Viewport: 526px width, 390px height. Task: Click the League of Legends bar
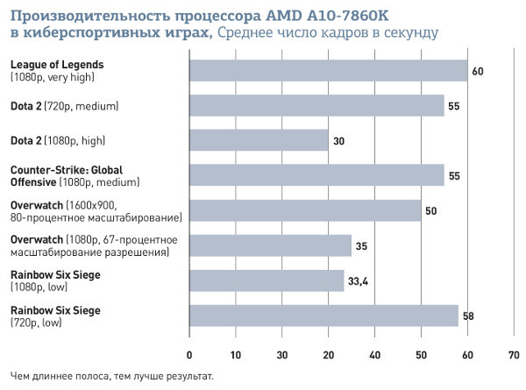click(x=329, y=70)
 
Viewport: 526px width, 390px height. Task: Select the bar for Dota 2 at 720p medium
click(x=317, y=105)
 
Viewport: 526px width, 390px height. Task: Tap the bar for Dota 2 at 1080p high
click(x=259, y=140)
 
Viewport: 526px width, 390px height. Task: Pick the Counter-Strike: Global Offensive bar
click(x=317, y=175)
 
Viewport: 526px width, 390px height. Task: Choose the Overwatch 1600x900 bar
click(x=305, y=210)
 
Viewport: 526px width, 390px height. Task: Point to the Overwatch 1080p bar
click(x=271, y=245)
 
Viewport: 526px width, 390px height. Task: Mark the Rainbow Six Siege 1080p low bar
click(x=267, y=280)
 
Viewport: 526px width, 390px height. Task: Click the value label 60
click(x=478, y=70)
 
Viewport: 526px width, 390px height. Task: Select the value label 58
click(x=469, y=316)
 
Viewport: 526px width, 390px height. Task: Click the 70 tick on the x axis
click(x=513, y=355)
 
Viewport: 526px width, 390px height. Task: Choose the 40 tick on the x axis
click(x=374, y=355)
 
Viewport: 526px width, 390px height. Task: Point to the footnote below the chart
click(x=112, y=377)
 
